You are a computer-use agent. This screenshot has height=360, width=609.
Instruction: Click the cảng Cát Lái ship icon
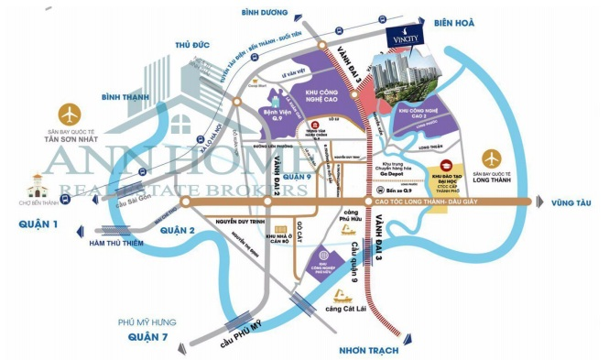[x=342, y=297]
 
